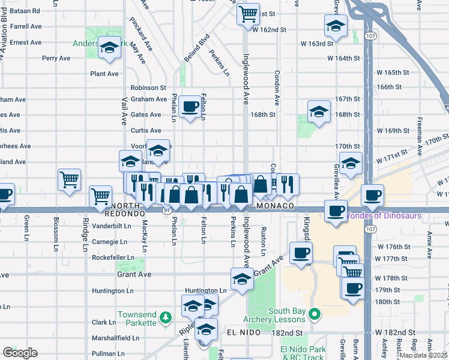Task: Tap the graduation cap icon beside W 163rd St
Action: click(x=336, y=26)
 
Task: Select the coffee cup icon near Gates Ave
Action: click(x=190, y=107)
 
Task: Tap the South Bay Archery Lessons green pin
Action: click(x=313, y=314)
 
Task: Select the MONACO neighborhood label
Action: click(x=274, y=206)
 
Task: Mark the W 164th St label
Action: click(x=343, y=59)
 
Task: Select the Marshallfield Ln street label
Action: click(x=115, y=338)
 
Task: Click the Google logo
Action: click(x=20, y=353)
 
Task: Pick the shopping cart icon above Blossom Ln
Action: click(x=70, y=178)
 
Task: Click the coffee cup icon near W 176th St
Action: click(x=301, y=252)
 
